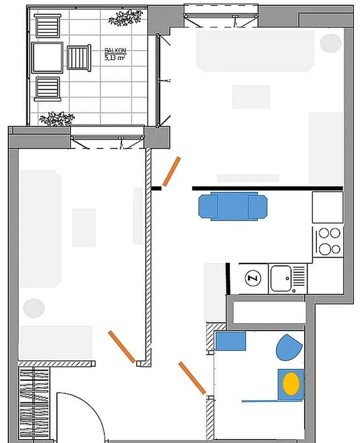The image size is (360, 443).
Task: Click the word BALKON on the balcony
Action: pos(115,51)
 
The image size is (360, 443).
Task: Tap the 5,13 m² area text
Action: pos(115,58)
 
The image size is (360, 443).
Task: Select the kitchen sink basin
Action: pos(281,279)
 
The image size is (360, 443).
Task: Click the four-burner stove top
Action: pos(328,242)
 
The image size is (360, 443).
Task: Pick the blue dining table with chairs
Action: pos(233,206)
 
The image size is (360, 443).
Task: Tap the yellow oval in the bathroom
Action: pos(291,384)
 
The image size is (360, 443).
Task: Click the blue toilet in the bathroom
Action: pos(289,348)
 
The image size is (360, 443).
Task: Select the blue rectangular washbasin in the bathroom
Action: pos(230,341)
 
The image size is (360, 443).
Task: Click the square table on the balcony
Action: pos(47,58)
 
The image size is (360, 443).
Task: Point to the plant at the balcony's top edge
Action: pos(125,17)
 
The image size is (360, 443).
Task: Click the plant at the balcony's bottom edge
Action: pos(57,119)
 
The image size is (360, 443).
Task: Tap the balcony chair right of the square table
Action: pos(79,58)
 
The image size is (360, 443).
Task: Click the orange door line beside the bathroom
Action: pos(192,378)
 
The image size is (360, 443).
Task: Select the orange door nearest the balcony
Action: pos(171,171)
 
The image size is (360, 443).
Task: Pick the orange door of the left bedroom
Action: pos(122,347)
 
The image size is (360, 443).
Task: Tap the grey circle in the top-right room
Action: pos(330,43)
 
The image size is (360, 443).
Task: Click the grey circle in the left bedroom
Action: pos(34,308)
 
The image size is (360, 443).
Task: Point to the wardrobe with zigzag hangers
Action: pos(34,404)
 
